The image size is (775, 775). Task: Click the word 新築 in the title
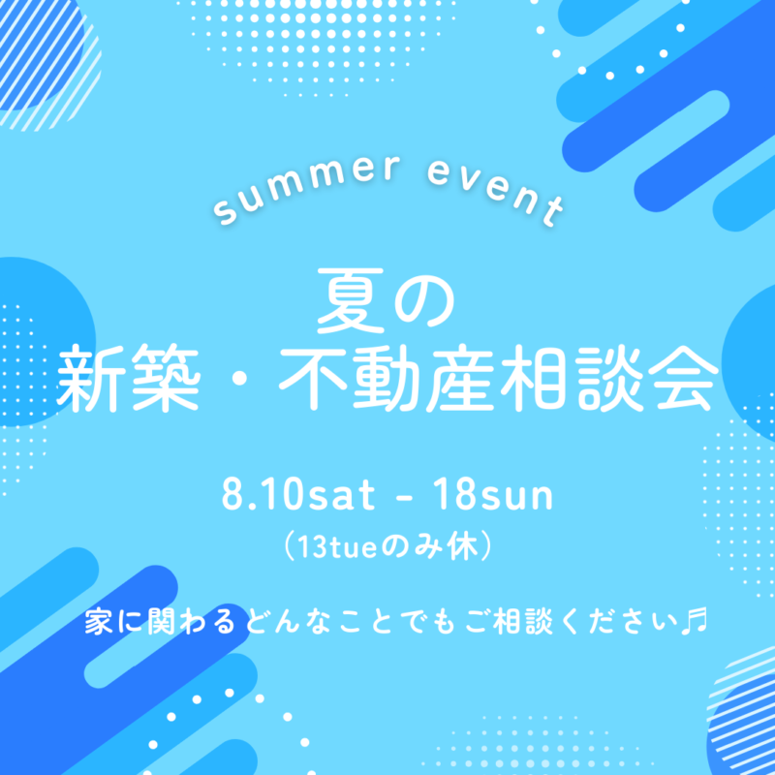click(x=128, y=378)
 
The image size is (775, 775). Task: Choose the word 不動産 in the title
click(x=387, y=378)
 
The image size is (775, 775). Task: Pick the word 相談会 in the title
click(x=609, y=378)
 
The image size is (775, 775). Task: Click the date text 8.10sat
click(x=298, y=495)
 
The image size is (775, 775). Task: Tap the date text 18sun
click(x=493, y=495)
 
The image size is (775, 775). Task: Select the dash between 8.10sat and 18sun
click(x=404, y=497)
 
